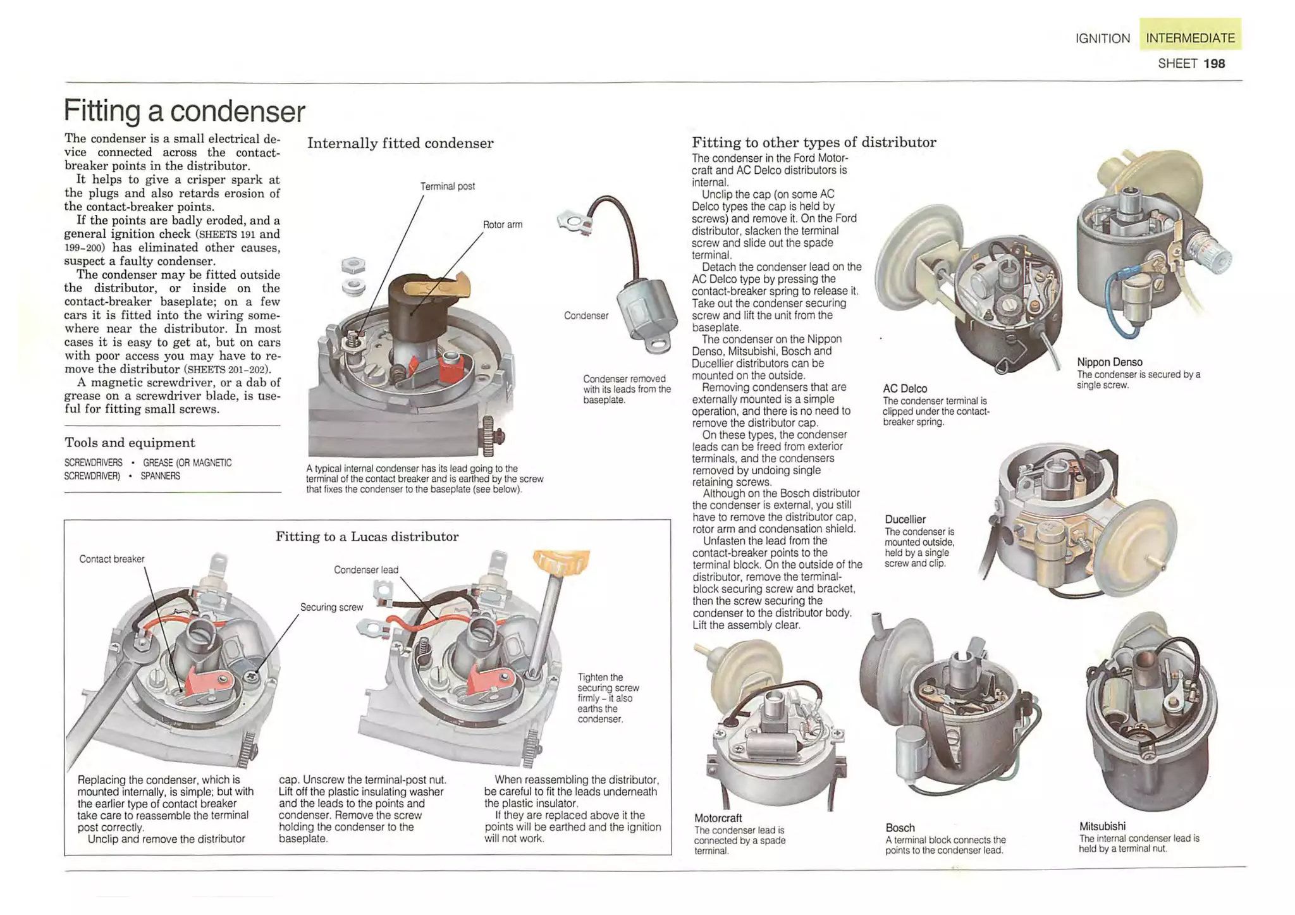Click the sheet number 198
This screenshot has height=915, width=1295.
coord(1213,64)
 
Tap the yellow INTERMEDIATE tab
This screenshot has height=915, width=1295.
coord(1189,38)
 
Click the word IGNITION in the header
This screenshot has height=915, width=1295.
coord(1102,39)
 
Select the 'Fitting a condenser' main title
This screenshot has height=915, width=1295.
coord(184,111)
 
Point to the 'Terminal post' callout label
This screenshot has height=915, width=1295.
coord(447,187)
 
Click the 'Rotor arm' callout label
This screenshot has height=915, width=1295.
coord(502,224)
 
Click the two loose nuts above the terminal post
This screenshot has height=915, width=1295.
coord(353,276)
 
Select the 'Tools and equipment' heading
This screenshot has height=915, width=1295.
coord(130,443)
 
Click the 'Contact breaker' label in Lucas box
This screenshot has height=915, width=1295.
coord(111,559)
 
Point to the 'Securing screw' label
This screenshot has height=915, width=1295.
coord(331,607)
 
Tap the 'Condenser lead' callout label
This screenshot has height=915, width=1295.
coord(365,570)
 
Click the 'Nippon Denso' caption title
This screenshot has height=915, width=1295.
coord(1109,362)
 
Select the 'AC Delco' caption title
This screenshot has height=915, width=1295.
coord(904,389)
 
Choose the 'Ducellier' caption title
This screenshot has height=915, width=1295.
coord(905,519)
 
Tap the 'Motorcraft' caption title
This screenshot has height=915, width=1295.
coord(718,818)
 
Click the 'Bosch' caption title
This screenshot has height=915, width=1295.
coord(900,828)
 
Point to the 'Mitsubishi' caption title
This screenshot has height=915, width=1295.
coord(1102,826)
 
